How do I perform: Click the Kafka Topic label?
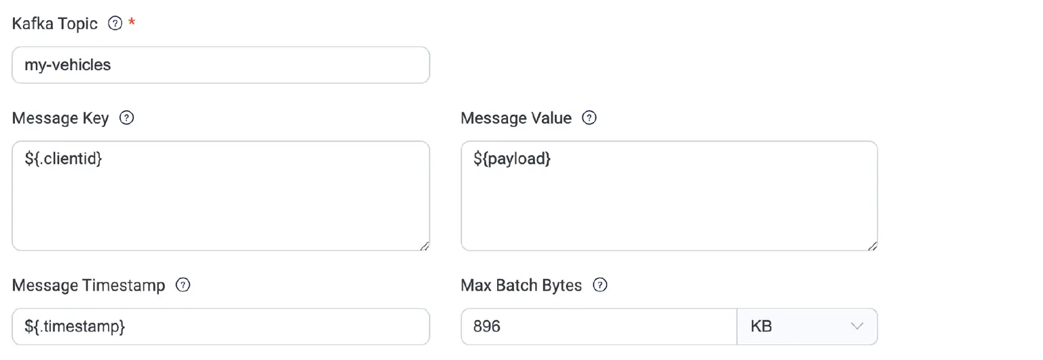pyautogui.click(x=54, y=24)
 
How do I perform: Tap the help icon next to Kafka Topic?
pyautogui.click(x=115, y=23)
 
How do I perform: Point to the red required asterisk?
pyautogui.click(x=132, y=22)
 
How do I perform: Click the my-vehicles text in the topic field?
pyautogui.click(x=67, y=65)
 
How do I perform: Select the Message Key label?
pyautogui.click(x=60, y=118)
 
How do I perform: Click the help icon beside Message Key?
pyautogui.click(x=127, y=118)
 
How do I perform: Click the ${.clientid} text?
pyautogui.click(x=63, y=159)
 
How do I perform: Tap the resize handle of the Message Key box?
pyautogui.click(x=424, y=246)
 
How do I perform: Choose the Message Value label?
pyautogui.click(x=516, y=118)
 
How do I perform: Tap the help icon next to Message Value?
pyautogui.click(x=589, y=118)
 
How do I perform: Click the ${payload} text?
pyautogui.click(x=512, y=159)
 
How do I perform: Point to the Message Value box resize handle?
pyautogui.click(x=873, y=246)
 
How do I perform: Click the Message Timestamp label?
pyautogui.click(x=88, y=285)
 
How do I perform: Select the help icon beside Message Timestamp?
pyautogui.click(x=183, y=285)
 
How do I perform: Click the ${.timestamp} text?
pyautogui.click(x=75, y=327)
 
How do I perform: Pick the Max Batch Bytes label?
pyautogui.click(x=521, y=285)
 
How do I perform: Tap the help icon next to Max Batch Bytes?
pyautogui.click(x=600, y=285)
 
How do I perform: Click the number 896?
pyautogui.click(x=487, y=327)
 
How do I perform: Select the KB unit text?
pyautogui.click(x=761, y=327)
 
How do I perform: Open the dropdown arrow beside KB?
pyautogui.click(x=857, y=327)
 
